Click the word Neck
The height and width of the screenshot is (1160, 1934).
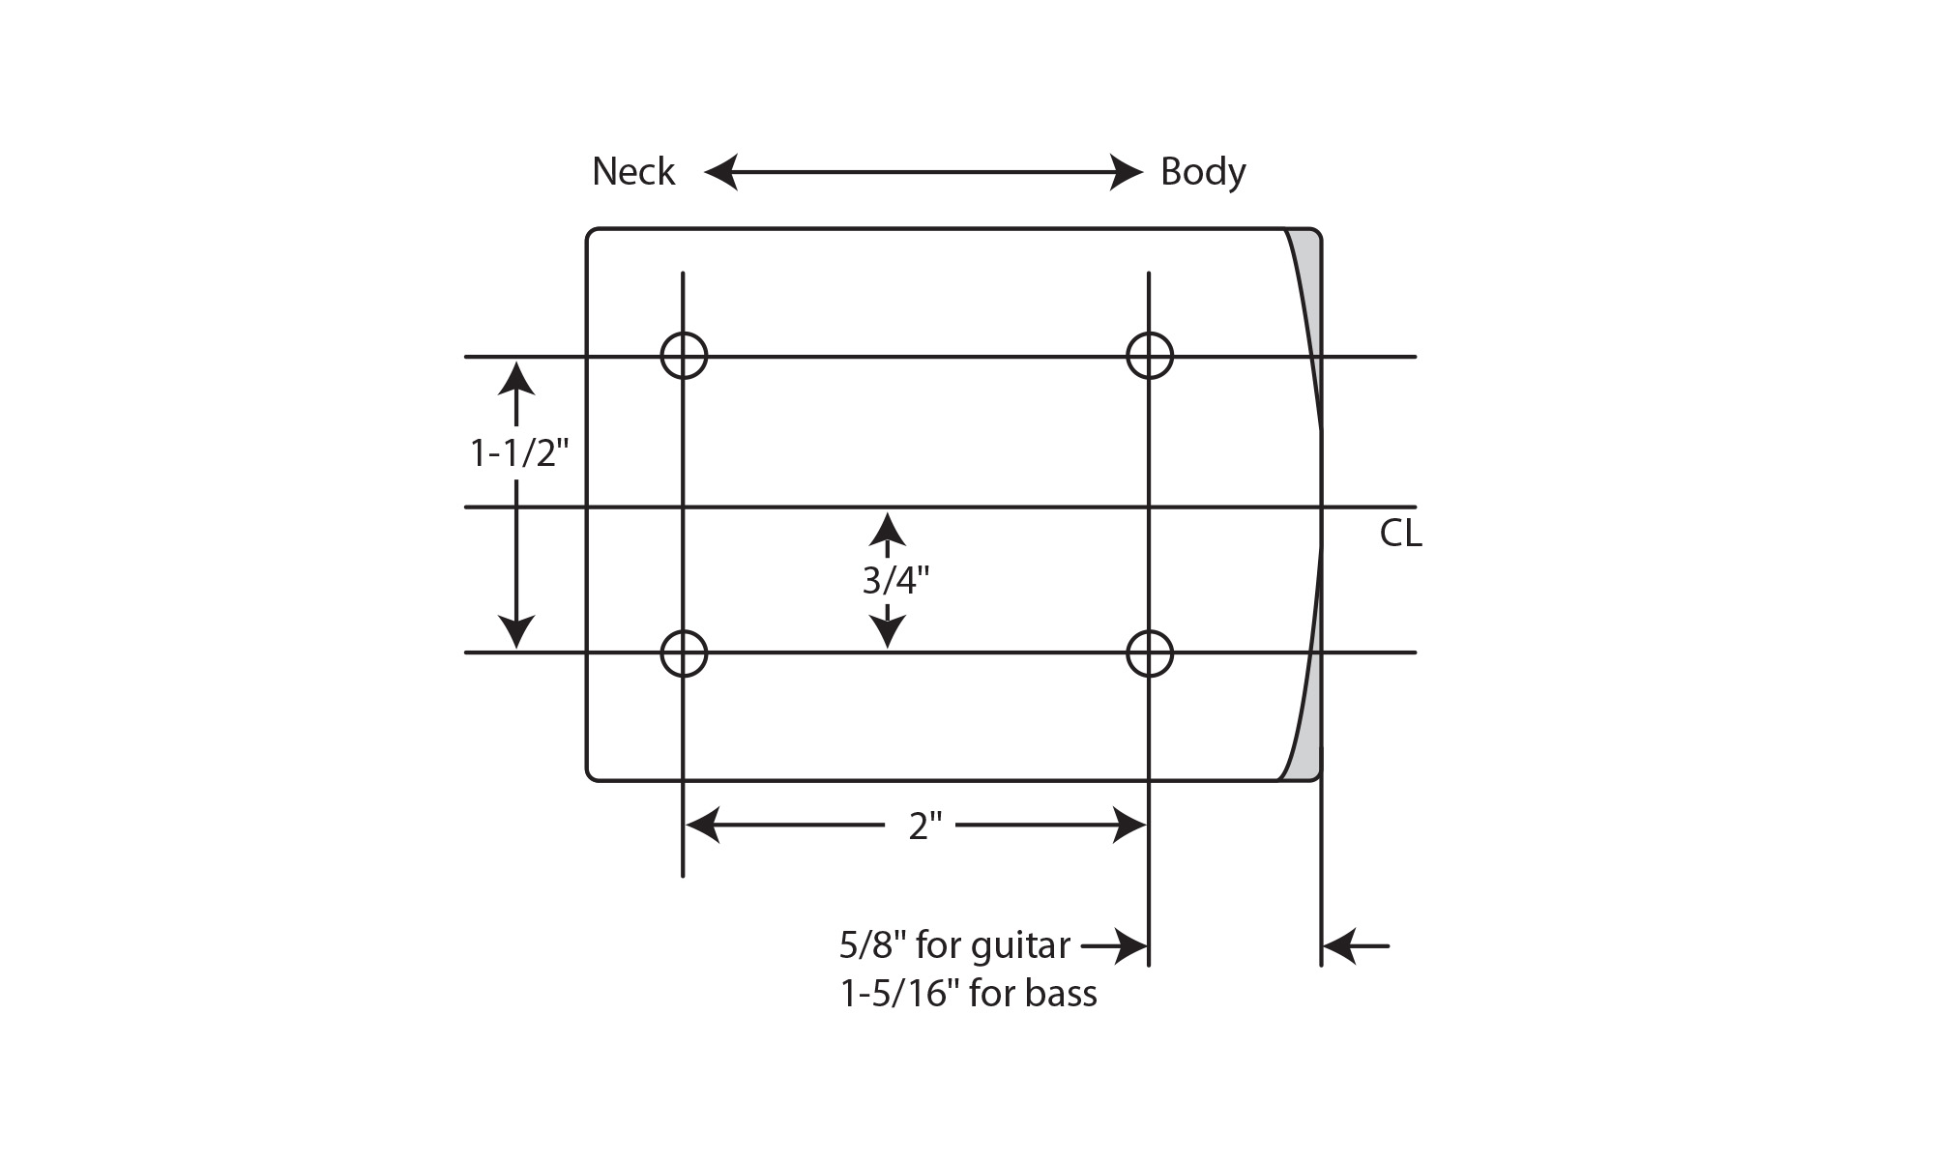tap(633, 172)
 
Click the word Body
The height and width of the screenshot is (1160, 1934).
tap(1203, 172)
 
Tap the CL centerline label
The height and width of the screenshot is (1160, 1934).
tap(1400, 534)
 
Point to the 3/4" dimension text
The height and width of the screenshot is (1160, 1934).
tap(895, 580)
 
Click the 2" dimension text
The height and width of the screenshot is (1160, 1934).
tap(924, 826)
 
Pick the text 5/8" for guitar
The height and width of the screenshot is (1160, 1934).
tap(954, 945)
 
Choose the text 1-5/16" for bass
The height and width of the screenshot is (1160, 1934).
tap(969, 994)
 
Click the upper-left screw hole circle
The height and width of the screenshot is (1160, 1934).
tap(684, 356)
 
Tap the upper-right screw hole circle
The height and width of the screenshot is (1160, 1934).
tap(1150, 356)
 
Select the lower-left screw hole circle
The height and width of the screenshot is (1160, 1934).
tap(684, 653)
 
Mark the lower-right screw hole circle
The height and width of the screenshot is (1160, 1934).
tap(1150, 653)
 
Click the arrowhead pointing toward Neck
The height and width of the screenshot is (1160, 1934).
tap(720, 172)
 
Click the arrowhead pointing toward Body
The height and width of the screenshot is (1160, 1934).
tap(1127, 172)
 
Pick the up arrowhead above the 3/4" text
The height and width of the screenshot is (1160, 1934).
tap(887, 529)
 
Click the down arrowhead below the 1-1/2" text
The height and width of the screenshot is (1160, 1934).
tap(517, 631)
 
